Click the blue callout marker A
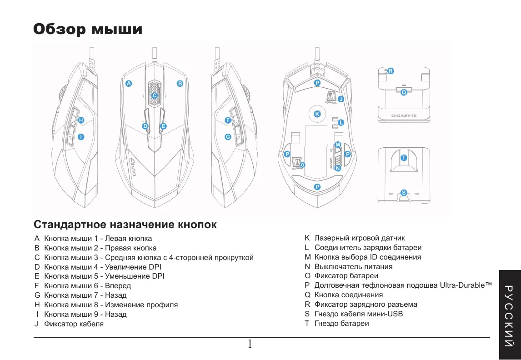pyautogui.click(x=129, y=84)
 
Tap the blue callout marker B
pyautogui.click(x=180, y=84)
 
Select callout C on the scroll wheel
pyautogui.click(x=154, y=96)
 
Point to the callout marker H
pyautogui.click(x=80, y=120)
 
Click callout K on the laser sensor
pyautogui.click(x=317, y=113)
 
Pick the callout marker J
pyautogui.click(x=341, y=99)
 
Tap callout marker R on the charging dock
pyautogui.click(x=391, y=71)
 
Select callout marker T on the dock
pyautogui.click(x=404, y=157)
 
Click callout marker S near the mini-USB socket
pyautogui.click(x=404, y=193)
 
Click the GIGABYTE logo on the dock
pyautogui.click(x=404, y=116)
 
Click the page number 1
pyautogui.click(x=250, y=344)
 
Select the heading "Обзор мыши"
pyautogui.click(x=88, y=30)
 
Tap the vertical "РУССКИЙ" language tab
pyautogui.click(x=509, y=314)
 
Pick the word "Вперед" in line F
pyautogui.click(x=118, y=286)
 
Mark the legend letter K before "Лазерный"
pyautogui.click(x=307, y=238)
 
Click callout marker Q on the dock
pyautogui.click(x=404, y=92)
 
